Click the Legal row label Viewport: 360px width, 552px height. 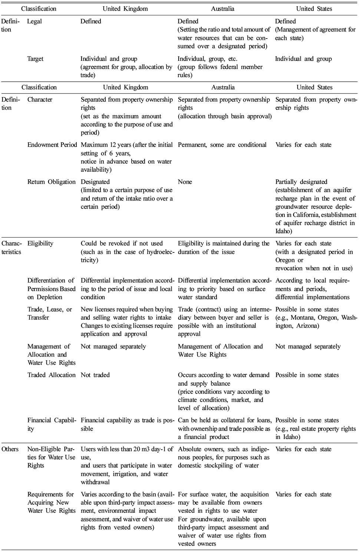pos(35,21)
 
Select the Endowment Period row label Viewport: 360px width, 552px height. pos(52,145)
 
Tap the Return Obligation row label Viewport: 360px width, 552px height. pos(51,182)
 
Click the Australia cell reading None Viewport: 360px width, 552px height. pos(185,182)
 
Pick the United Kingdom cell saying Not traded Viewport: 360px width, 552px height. pos(95,375)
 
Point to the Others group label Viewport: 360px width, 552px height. pos(10,449)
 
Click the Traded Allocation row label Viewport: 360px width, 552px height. pos(51,375)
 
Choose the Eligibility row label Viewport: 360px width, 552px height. pos(40,243)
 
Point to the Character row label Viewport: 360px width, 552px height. pos(40,99)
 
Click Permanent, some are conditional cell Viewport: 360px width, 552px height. pos(222,145)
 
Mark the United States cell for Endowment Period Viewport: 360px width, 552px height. pos(303,145)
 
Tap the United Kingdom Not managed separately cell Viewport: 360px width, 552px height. pos(113,346)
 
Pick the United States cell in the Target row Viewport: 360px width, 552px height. pos(303,59)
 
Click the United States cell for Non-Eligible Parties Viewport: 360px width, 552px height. pos(303,449)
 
